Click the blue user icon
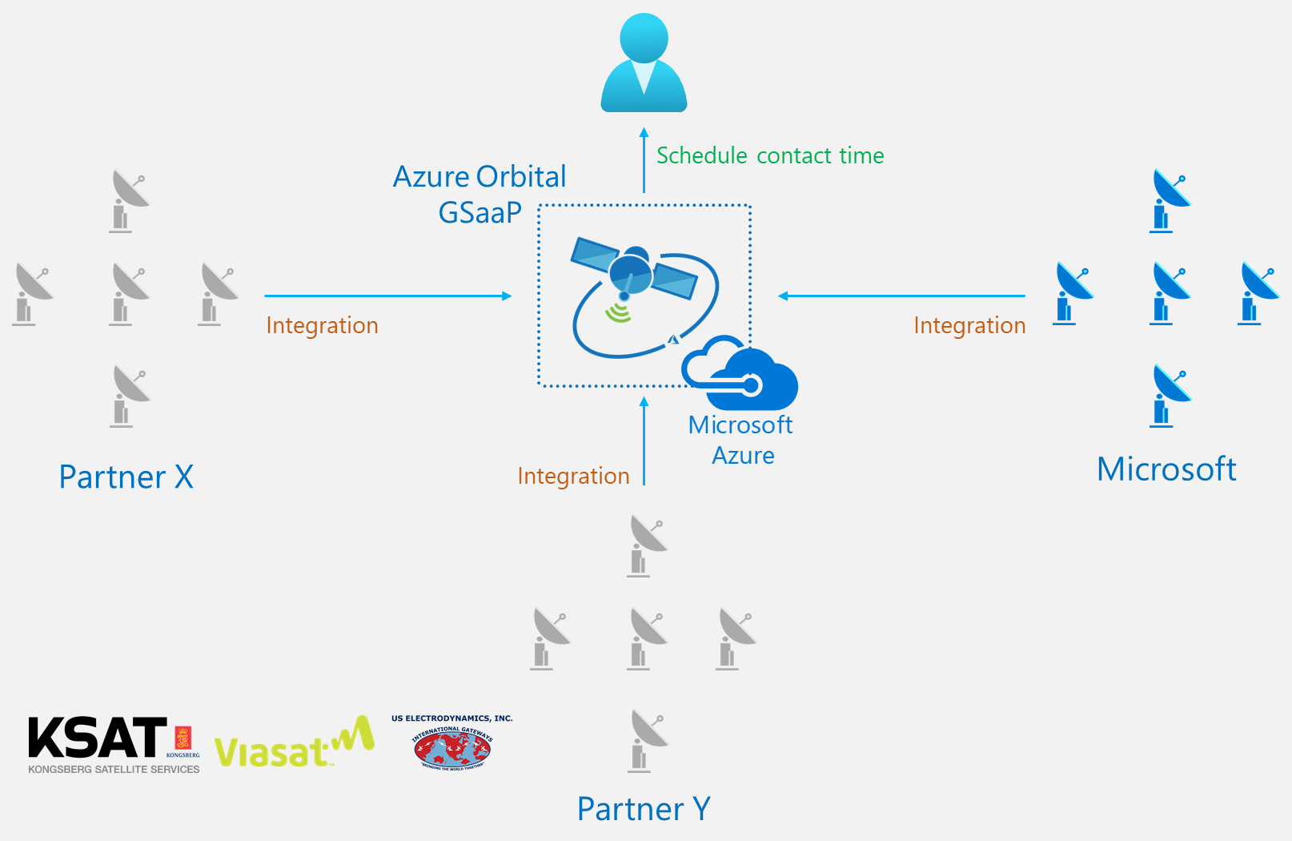point(644,64)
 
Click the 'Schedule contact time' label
point(770,155)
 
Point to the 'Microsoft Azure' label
point(741,440)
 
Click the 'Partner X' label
point(126,477)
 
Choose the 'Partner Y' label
point(644,809)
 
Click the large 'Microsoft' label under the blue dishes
point(1166,469)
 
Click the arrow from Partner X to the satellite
point(387,296)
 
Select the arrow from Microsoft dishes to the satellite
point(901,296)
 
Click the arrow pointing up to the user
point(644,160)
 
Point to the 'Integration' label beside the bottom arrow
point(573,476)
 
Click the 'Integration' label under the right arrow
point(969,325)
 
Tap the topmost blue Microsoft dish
point(1170,200)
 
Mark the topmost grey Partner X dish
point(129,200)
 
